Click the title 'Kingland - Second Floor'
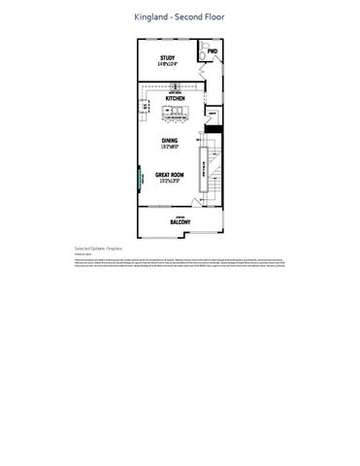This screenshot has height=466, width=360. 180,17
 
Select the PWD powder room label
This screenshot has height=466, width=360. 213,50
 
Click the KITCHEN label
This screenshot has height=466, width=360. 175,99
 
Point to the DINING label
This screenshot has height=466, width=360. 170,140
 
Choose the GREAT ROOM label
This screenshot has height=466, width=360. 170,175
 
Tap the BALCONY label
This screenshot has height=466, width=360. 180,222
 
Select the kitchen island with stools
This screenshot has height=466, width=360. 176,116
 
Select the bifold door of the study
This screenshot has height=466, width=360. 201,70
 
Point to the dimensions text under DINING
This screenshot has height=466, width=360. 170,146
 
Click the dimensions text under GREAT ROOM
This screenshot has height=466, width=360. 170,181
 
